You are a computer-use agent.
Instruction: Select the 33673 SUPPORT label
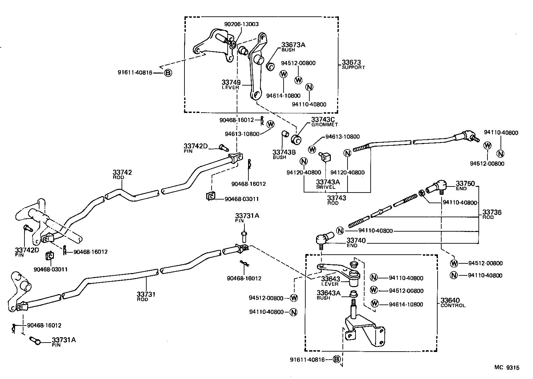[x=353, y=65]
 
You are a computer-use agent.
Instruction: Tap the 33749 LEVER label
[x=231, y=84]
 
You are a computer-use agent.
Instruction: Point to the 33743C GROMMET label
[x=324, y=122]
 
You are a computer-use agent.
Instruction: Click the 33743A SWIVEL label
[x=328, y=184]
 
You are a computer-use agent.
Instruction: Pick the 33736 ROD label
[x=492, y=214]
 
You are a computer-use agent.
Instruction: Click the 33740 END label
[x=356, y=242]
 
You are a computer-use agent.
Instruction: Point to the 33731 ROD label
[x=146, y=296]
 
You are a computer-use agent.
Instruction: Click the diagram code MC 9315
[x=507, y=368]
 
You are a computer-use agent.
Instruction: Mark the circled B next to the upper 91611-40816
[x=168, y=73]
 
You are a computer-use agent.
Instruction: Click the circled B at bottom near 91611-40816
[x=337, y=360]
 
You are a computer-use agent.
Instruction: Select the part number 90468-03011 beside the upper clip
[x=241, y=199]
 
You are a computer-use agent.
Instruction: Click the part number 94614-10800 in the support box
[x=283, y=96]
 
